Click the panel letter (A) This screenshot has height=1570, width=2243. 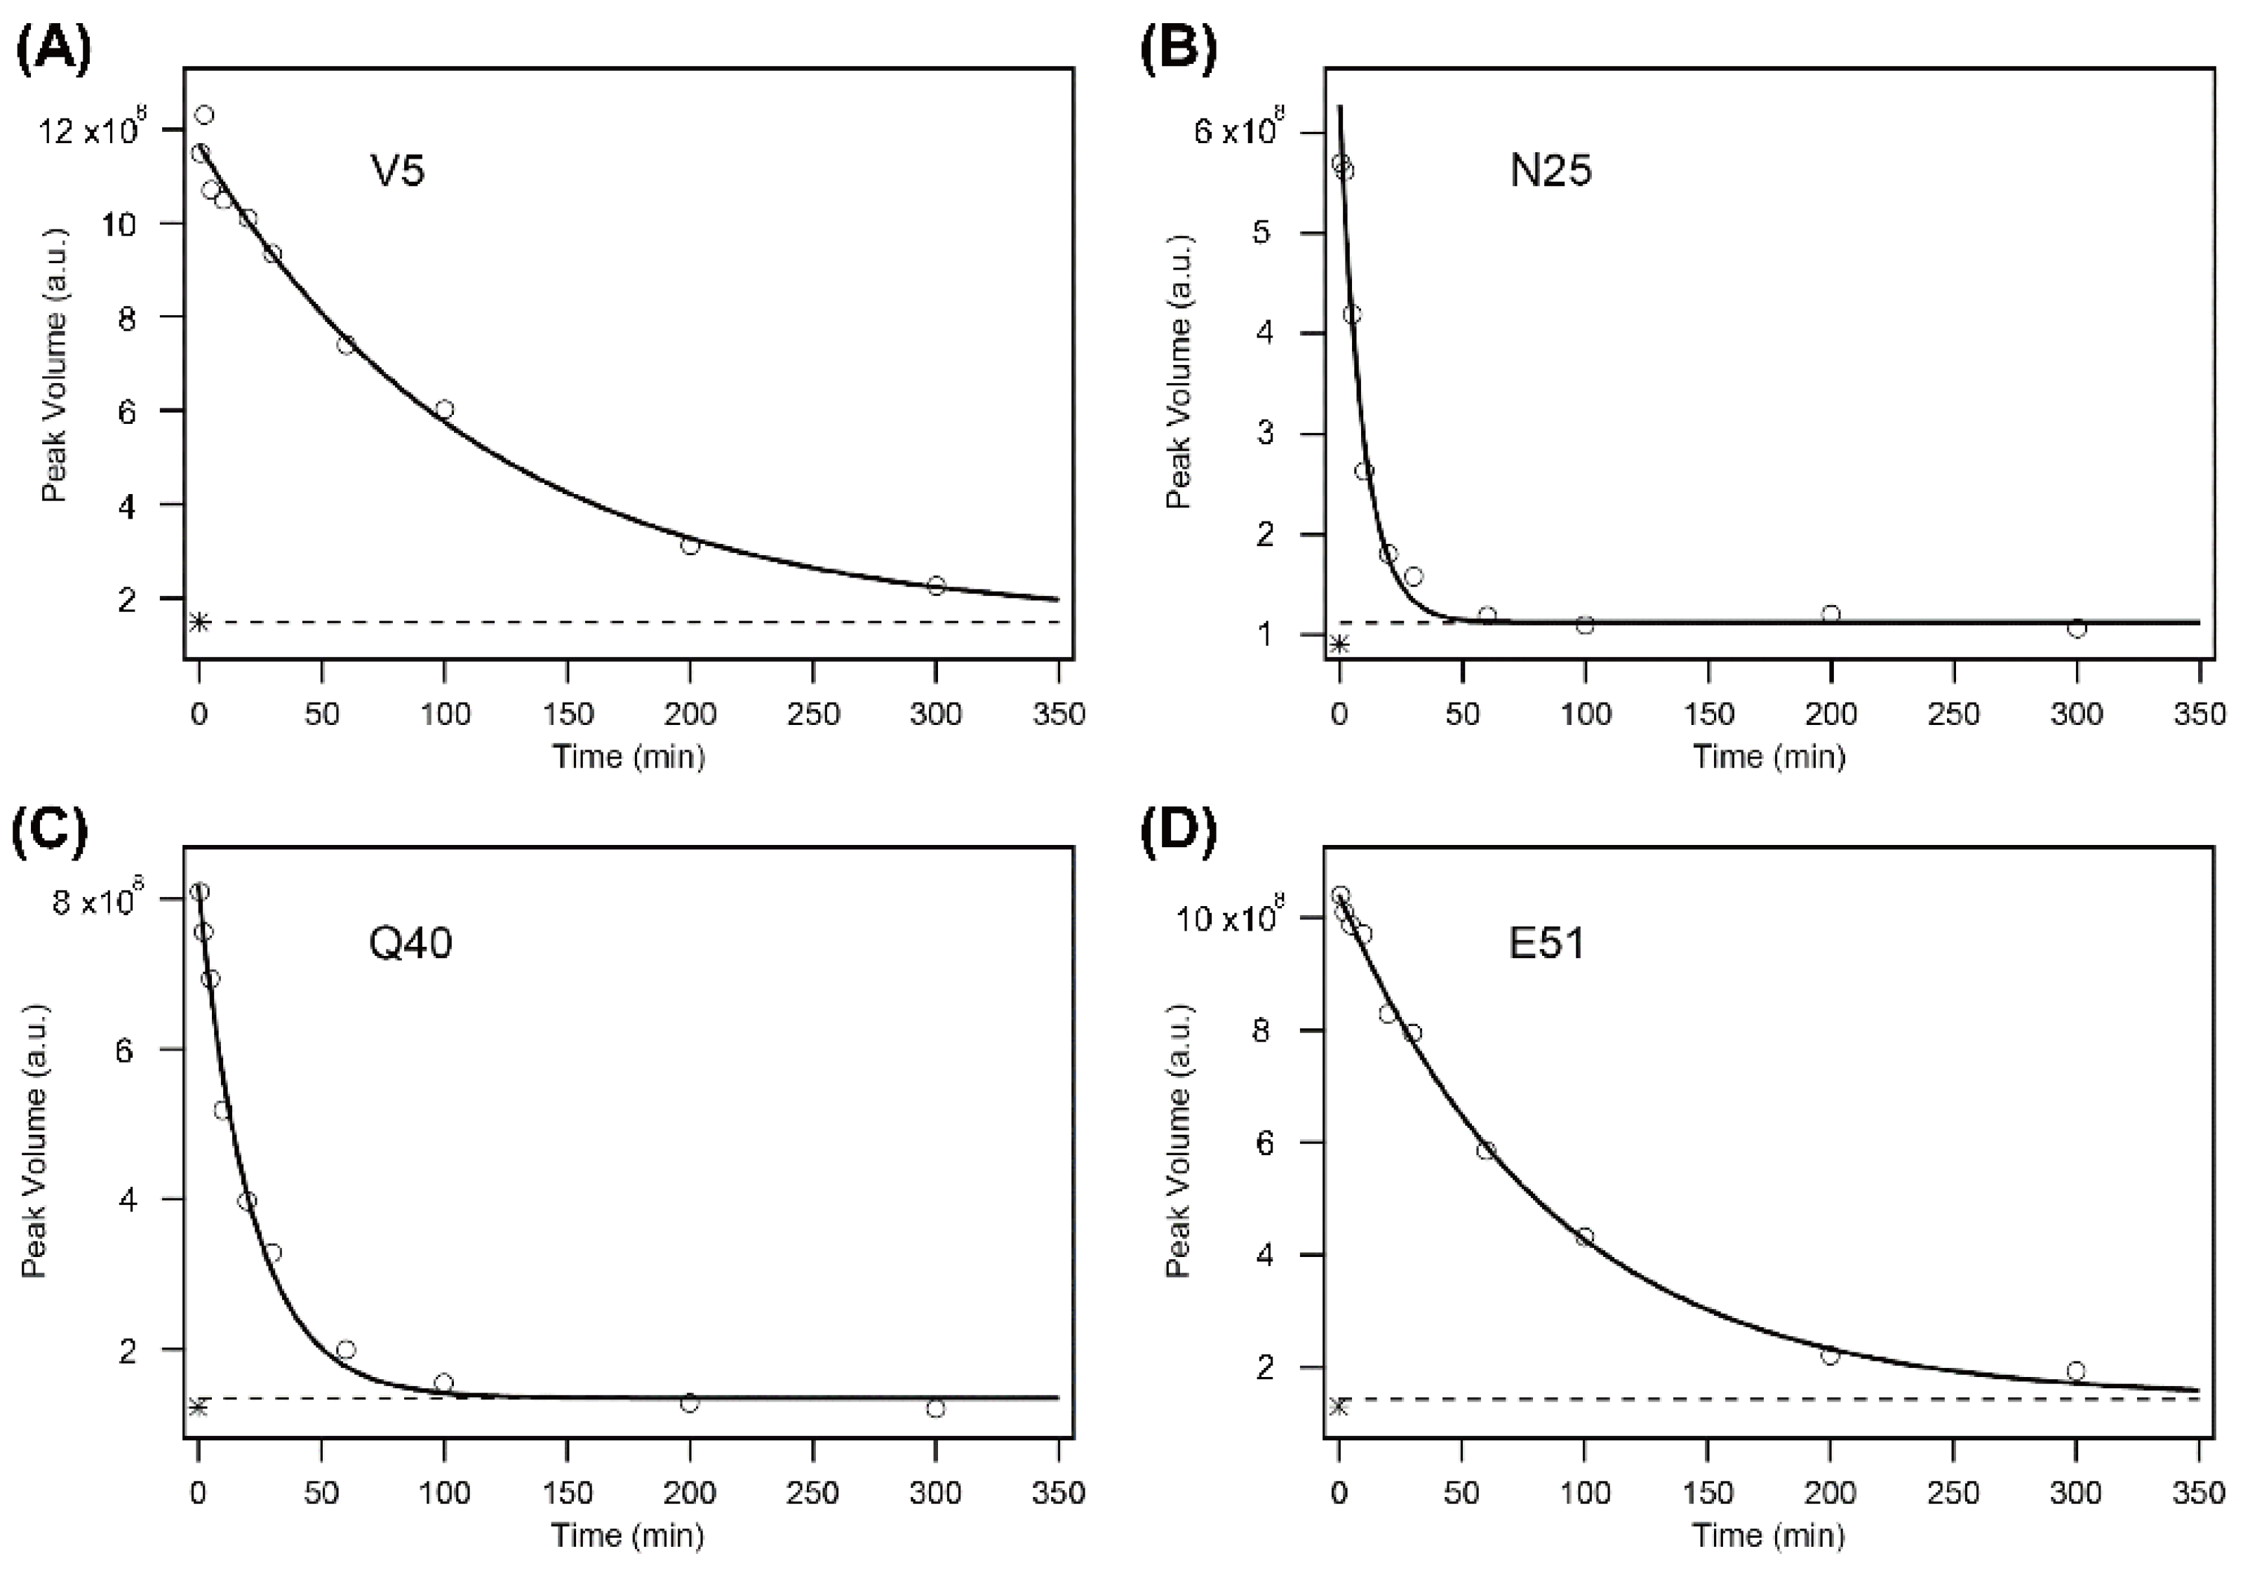point(54,51)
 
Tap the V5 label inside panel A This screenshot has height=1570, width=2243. point(398,173)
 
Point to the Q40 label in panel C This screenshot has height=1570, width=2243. point(410,944)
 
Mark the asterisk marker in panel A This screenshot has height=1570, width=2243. point(199,623)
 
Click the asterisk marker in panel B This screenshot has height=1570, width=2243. point(1340,644)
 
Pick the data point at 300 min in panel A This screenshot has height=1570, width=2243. point(936,585)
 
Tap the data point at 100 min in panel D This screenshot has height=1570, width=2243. point(1585,1237)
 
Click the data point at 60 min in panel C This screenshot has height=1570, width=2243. point(346,1349)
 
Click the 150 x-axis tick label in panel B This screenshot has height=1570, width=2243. point(1708,714)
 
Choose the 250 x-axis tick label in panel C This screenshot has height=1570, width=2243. point(812,1493)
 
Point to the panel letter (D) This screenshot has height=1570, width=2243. point(1179,830)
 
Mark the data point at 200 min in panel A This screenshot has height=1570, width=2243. point(690,545)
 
